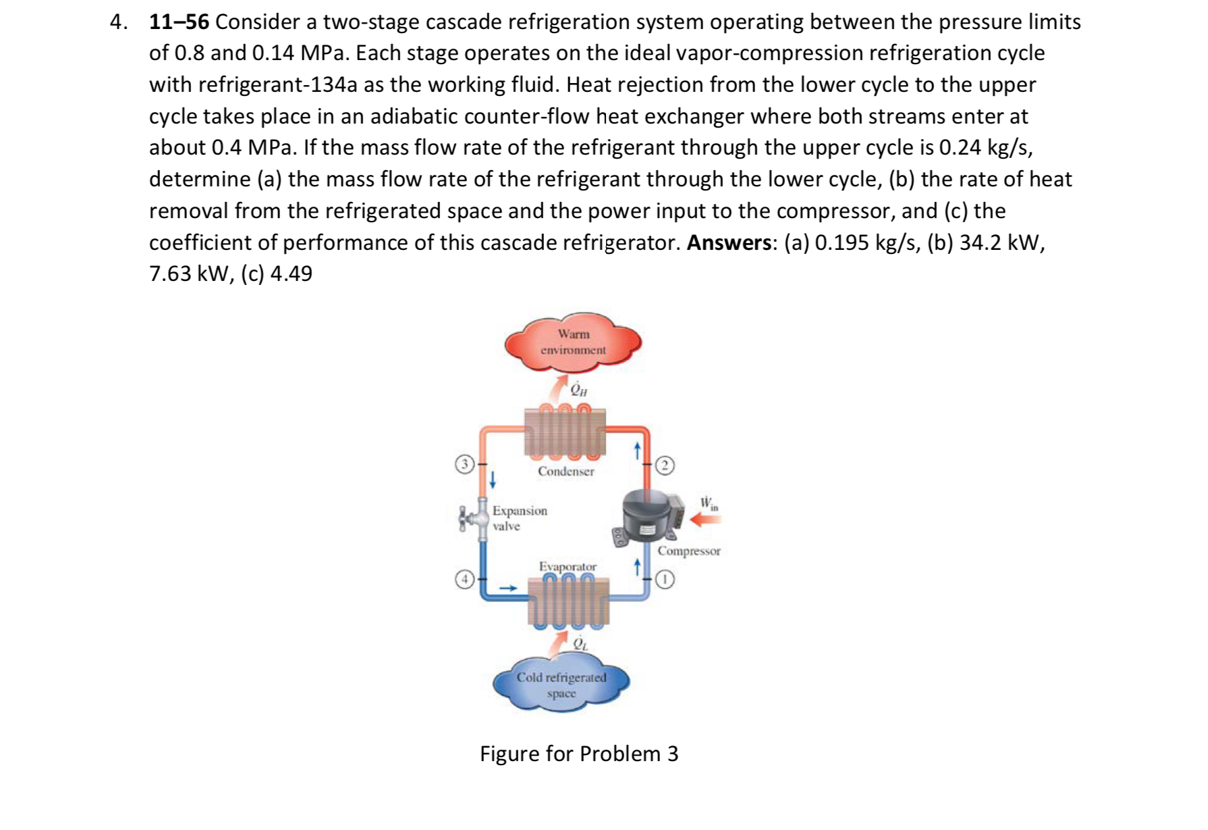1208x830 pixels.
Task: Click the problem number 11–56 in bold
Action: click(x=179, y=22)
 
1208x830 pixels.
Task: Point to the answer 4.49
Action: click(x=291, y=274)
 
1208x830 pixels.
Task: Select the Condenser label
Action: click(x=566, y=471)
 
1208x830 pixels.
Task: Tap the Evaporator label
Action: click(x=568, y=566)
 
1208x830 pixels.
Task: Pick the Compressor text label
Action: click(x=689, y=551)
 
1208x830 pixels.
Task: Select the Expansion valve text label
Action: click(x=519, y=518)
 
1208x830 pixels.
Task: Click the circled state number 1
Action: click(x=665, y=579)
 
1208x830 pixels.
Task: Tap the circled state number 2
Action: click(x=665, y=465)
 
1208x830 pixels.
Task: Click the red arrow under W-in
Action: click(x=706, y=519)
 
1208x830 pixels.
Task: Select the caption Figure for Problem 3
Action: click(x=578, y=754)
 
